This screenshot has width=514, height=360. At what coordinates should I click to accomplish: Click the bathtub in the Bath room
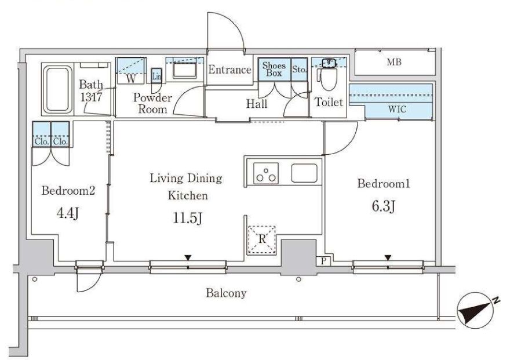58,89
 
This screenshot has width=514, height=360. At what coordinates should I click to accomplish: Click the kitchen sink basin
304,173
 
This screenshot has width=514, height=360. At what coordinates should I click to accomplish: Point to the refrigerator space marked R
261,239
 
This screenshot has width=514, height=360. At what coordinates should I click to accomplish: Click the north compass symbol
477,310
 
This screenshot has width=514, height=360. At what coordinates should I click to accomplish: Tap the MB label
393,62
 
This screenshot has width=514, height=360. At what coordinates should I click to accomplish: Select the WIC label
397,109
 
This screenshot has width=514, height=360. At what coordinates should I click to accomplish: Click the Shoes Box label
274,69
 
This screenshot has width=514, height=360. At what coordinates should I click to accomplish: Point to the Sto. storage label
299,70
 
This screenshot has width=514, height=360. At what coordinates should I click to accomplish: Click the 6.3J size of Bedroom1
383,206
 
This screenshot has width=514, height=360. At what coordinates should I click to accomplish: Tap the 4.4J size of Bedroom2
68,213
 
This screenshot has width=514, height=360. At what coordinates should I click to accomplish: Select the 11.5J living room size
187,218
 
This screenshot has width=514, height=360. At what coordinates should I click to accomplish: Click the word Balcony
226,293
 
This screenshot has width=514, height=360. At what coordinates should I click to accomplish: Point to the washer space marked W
131,79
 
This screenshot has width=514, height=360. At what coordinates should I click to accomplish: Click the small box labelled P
323,261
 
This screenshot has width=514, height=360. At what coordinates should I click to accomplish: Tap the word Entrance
230,70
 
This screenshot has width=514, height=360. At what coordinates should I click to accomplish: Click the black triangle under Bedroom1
388,258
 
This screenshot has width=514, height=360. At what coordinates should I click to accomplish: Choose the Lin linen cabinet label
156,77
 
